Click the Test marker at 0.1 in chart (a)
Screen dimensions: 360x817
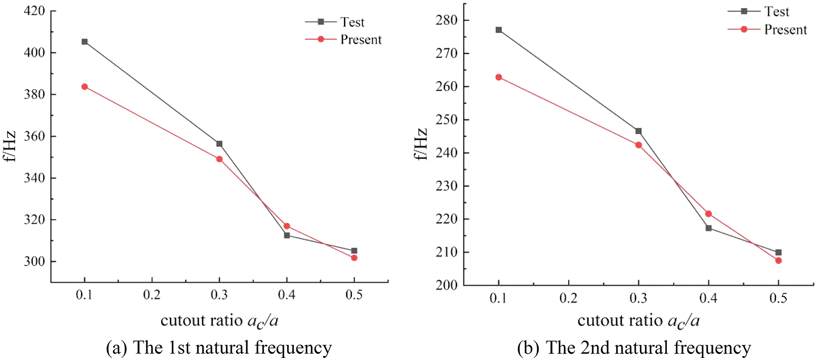point(84,42)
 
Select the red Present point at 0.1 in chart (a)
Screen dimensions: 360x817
point(84,87)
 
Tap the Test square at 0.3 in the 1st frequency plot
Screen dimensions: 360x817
point(219,144)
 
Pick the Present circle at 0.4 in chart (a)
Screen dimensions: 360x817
point(287,226)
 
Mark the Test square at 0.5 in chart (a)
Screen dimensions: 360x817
point(354,251)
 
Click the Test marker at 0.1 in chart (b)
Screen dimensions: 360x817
point(499,30)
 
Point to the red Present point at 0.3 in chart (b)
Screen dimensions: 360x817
point(638,145)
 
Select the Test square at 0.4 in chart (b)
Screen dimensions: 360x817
point(709,228)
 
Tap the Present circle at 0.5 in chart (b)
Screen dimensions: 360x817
point(778,261)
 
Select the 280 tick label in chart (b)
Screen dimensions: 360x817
point(446,20)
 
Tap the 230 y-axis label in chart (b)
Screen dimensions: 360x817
point(446,186)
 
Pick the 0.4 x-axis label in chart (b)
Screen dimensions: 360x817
point(708,298)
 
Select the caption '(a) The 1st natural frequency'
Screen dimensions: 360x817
point(219,348)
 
